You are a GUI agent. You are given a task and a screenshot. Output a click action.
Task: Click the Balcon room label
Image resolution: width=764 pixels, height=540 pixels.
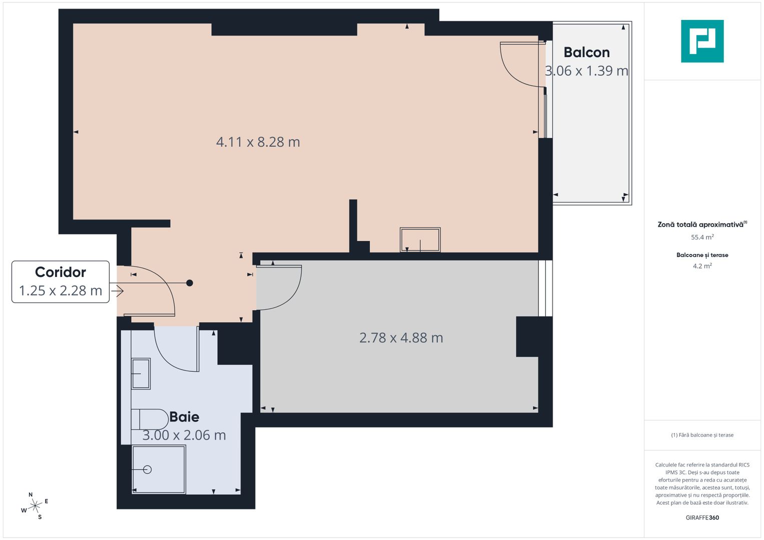(586, 52)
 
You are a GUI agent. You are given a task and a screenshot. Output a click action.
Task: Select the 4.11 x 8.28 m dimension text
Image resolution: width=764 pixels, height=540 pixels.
(258, 142)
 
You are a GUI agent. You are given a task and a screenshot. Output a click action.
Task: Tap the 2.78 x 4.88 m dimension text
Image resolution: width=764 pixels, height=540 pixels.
(401, 338)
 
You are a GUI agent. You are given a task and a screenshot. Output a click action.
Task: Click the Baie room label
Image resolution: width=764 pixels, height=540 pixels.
(184, 416)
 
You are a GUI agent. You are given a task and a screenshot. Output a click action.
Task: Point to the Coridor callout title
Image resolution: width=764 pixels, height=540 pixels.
(61, 272)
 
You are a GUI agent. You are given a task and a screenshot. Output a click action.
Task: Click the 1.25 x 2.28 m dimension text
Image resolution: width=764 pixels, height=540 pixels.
(61, 290)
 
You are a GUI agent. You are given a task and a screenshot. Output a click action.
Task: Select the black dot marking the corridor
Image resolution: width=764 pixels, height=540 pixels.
(190, 283)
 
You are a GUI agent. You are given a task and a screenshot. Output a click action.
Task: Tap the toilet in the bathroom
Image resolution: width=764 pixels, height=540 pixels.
(151, 419)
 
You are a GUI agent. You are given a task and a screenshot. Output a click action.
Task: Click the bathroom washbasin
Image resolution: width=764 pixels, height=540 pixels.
(141, 373)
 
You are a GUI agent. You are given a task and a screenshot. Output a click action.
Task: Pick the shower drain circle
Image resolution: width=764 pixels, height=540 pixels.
(147, 469)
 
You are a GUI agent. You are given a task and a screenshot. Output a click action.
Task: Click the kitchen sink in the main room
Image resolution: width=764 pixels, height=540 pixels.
(420, 239)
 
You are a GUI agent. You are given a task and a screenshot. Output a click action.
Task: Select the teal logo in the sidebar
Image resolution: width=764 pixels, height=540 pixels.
(702, 41)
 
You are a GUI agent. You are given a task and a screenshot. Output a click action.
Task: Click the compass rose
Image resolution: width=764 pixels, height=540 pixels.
(35, 506)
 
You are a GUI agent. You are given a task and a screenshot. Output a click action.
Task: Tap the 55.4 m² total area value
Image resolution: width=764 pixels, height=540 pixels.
(702, 237)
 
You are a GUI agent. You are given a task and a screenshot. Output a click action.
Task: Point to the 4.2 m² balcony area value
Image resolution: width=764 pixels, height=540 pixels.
(702, 266)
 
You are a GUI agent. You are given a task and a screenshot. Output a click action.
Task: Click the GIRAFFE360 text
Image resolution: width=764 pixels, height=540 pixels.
(702, 517)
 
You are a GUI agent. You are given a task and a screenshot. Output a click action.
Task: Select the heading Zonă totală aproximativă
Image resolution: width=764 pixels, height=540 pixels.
(700, 224)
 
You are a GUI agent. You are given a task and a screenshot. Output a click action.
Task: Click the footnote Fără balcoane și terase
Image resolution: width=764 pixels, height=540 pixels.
(702, 435)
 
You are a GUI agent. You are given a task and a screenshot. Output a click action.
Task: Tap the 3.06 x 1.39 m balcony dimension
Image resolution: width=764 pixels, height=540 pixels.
(586, 71)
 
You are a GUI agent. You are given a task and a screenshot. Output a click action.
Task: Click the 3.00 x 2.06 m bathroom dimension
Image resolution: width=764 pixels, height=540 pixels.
(184, 435)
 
